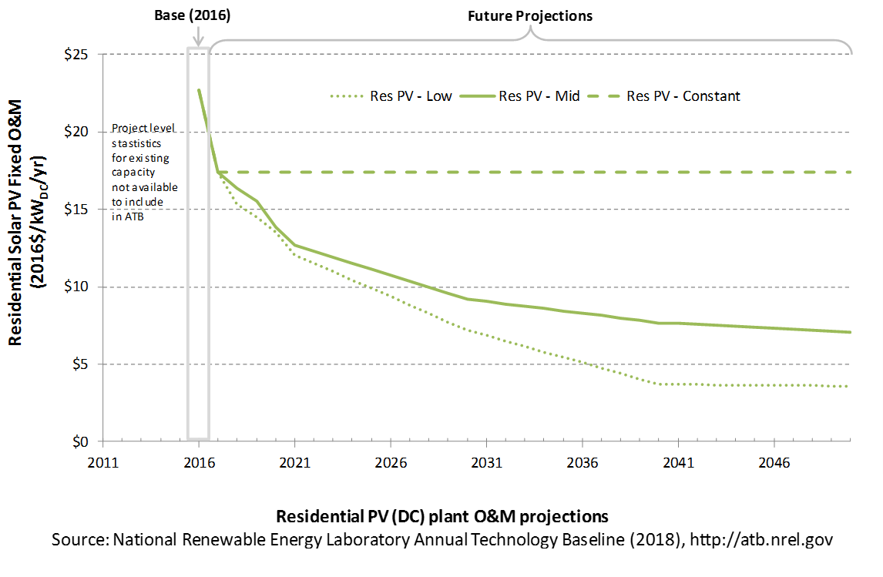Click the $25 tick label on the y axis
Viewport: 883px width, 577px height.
[x=76, y=55]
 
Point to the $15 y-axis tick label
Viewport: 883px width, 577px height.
[x=76, y=210]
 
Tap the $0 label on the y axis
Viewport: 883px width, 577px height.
[x=81, y=442]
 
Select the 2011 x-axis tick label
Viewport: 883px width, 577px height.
[x=103, y=463]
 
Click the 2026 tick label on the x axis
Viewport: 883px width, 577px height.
[x=391, y=463]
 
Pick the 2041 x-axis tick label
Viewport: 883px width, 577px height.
[x=679, y=463]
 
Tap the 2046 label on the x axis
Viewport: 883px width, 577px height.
[x=774, y=463]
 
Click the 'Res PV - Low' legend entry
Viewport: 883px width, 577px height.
[x=391, y=96]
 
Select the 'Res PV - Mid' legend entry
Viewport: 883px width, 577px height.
[x=520, y=96]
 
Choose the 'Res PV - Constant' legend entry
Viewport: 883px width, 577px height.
[x=664, y=96]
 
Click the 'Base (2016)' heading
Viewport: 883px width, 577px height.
[x=193, y=15]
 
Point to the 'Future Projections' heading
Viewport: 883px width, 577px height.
[x=530, y=15]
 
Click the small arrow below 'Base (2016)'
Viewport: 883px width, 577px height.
[x=198, y=36]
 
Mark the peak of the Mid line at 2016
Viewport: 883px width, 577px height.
[x=199, y=90]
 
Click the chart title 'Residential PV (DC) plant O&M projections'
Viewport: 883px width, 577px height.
[x=442, y=516]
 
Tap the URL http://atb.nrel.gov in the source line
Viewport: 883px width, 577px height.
[x=761, y=539]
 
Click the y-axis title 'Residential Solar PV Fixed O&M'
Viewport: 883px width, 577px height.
[x=15, y=223]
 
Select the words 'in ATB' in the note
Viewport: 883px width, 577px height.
[x=128, y=216]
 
